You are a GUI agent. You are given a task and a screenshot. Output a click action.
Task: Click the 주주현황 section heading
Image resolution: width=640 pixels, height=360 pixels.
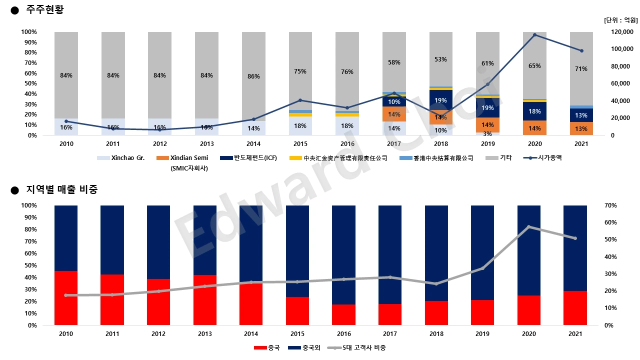point(44,9)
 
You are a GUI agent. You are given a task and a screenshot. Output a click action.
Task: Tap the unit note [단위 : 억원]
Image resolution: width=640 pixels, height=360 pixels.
point(620,20)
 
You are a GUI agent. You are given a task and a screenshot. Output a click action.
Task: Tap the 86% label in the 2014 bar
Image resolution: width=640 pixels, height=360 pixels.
point(253,76)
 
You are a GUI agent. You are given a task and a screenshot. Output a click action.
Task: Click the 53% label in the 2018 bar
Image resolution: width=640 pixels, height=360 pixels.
point(440,59)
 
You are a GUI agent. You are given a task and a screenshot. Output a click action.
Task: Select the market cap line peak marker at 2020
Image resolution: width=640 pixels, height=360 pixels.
point(534,35)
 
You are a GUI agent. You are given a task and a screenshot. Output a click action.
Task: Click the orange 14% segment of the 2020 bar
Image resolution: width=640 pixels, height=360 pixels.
point(534,128)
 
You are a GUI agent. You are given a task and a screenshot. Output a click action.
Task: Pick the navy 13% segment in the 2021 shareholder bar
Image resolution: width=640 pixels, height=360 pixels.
point(581,115)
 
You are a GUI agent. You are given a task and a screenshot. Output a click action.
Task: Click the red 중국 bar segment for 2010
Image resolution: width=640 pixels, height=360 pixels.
point(66,298)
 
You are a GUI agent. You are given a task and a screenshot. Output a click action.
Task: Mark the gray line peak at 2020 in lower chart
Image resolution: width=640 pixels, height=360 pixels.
point(529,227)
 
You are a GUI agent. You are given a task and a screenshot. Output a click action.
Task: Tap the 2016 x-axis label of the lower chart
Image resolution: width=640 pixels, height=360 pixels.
point(343,333)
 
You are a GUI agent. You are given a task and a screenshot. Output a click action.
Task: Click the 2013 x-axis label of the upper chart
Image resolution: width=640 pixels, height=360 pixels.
point(206,143)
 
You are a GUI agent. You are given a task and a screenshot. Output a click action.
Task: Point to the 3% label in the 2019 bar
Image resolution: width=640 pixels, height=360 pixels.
point(487,133)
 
